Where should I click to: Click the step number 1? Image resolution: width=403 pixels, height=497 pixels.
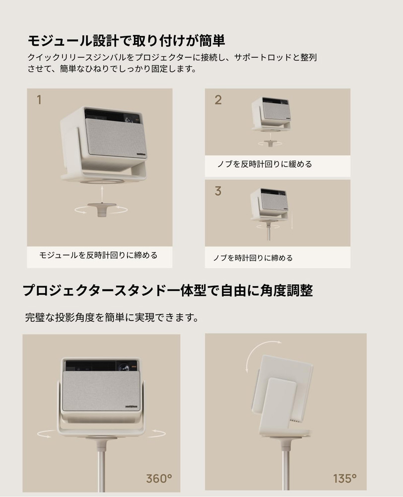(x=39, y=100)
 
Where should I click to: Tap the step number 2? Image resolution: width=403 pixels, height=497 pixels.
(x=218, y=99)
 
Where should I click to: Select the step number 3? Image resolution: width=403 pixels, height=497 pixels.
(x=218, y=191)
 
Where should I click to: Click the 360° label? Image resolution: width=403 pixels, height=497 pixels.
(x=159, y=479)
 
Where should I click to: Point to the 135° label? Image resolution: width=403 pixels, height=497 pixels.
(x=345, y=479)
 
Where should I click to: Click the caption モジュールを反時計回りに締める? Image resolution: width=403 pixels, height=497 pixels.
(x=98, y=255)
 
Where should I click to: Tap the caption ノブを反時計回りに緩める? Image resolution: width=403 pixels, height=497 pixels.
(x=265, y=164)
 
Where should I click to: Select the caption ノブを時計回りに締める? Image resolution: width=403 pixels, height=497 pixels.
(x=253, y=258)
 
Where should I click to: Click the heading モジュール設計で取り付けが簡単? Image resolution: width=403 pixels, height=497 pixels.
(x=127, y=40)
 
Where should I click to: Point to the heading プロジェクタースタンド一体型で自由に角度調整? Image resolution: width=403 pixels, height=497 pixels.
(x=168, y=290)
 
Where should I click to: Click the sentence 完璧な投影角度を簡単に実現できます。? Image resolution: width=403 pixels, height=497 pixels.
(x=112, y=318)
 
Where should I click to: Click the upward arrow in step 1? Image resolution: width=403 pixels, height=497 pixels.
(x=101, y=192)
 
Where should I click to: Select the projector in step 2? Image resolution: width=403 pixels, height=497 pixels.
(x=270, y=113)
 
